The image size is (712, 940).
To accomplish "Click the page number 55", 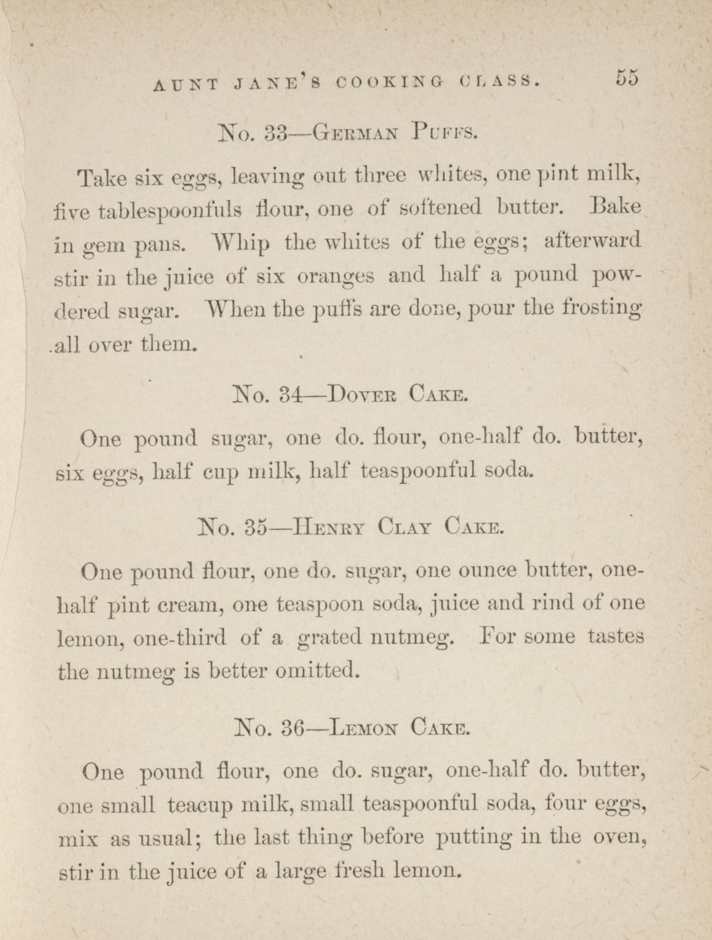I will coord(627,77).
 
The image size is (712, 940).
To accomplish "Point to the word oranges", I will coord(336,276).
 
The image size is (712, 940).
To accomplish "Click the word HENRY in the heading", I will coord(330,527).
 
